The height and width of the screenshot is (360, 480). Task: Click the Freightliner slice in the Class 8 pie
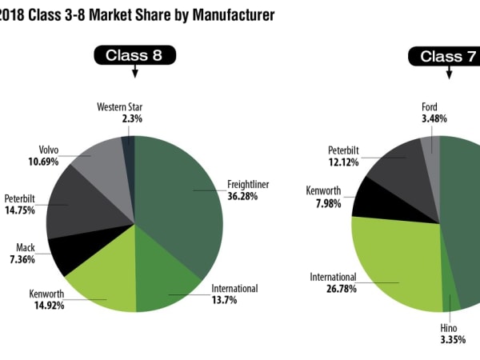(x=180, y=200)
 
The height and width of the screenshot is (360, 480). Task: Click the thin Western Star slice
(x=129, y=148)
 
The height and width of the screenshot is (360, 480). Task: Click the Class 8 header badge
(x=134, y=55)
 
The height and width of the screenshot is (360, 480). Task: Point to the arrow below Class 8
(x=134, y=71)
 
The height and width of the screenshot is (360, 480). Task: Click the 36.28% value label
(x=242, y=195)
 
